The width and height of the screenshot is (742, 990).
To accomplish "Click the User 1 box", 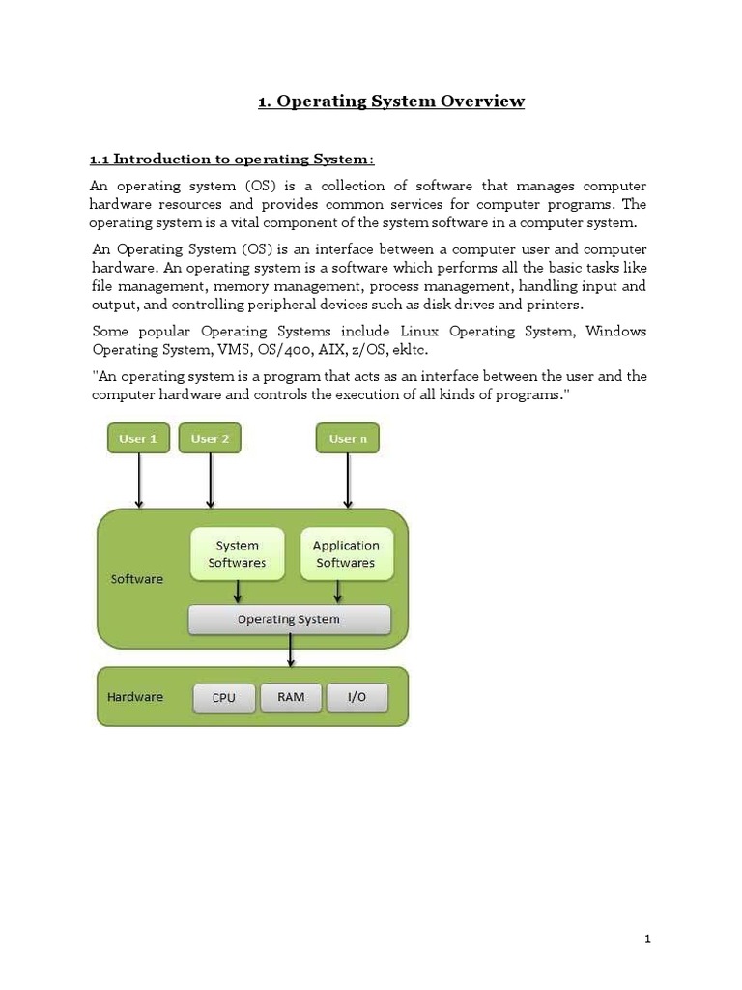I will click(x=138, y=439).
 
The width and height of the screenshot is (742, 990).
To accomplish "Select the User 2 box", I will click(x=210, y=439).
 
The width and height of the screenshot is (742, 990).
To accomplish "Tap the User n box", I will click(x=348, y=439).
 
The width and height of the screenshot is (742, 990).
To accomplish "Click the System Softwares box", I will click(x=238, y=554).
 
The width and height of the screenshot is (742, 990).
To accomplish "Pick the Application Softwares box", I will click(x=346, y=554).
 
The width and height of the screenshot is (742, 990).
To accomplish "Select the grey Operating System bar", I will click(x=289, y=620).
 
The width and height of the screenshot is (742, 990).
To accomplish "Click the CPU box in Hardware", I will click(x=223, y=698).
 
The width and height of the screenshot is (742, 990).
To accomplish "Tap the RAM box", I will click(x=291, y=697).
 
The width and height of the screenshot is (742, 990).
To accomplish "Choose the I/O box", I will click(x=357, y=697).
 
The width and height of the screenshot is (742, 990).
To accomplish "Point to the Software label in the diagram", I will click(x=137, y=579).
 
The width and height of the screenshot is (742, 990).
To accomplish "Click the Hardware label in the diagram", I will click(x=135, y=697).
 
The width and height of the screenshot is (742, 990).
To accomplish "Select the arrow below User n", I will click(x=348, y=480).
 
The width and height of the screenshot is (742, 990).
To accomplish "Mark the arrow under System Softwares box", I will click(x=238, y=592).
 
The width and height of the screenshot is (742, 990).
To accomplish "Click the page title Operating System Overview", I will click(x=391, y=102).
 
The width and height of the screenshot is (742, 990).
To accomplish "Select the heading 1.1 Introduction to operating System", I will click(x=232, y=159).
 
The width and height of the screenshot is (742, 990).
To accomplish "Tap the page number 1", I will click(x=648, y=939).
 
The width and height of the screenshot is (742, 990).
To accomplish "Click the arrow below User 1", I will click(x=140, y=480).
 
